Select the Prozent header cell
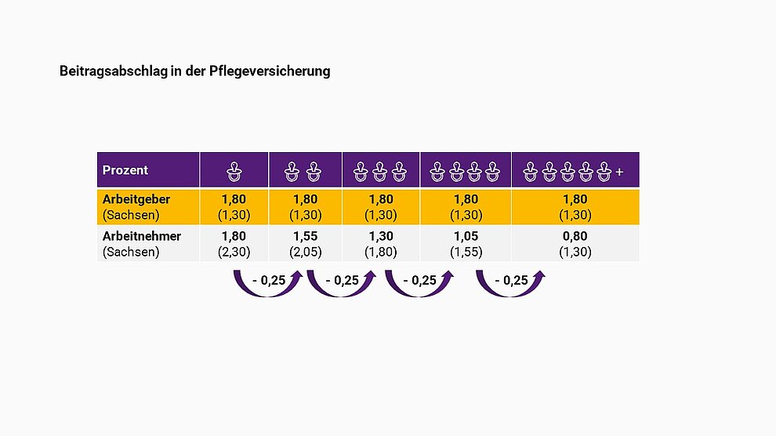pos(125,170)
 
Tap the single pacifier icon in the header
pos(234,170)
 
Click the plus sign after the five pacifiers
pos(619,171)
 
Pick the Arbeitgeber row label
pos(136,199)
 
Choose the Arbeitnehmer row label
pos(142,236)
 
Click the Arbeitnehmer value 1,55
pos(305,236)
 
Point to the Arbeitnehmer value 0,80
pos(575,236)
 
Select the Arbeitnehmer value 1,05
pos(466,236)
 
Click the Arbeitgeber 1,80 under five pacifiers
pos(575,199)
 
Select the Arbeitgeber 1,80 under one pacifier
pos(234,199)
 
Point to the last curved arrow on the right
pos(511,283)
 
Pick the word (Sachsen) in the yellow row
pos(131,215)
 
